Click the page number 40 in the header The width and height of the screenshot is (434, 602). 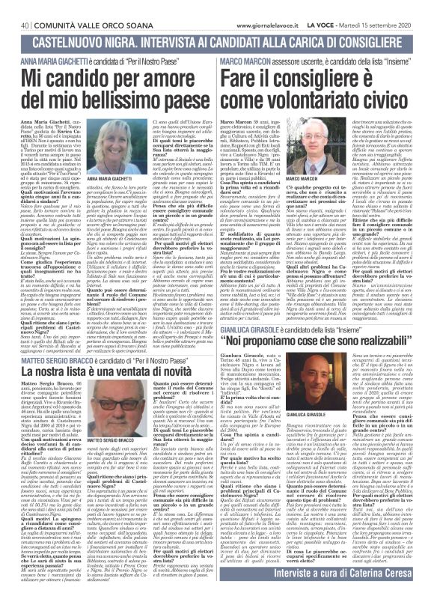(16, 6)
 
